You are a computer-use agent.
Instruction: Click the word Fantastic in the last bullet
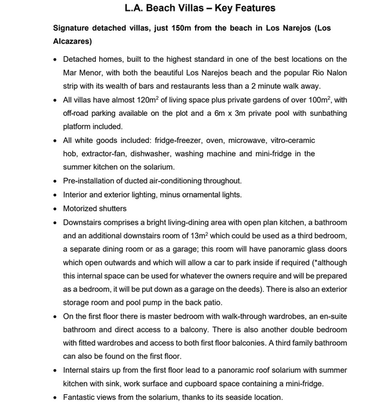[x=83, y=397]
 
